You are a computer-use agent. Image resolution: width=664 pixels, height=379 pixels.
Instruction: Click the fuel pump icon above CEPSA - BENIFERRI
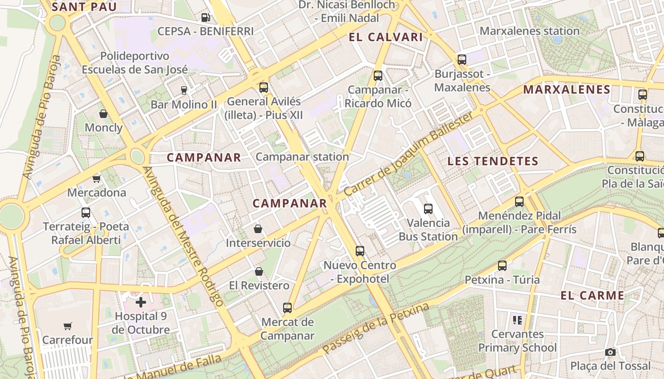[206, 18]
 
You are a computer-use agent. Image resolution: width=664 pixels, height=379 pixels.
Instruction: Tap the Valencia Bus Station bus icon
[428, 208]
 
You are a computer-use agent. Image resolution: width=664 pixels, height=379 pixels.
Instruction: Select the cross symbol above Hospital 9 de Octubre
[141, 302]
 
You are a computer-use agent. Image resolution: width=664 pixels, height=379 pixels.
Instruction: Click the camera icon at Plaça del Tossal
[610, 352]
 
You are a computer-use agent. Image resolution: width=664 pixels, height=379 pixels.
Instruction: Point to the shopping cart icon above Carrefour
[68, 326]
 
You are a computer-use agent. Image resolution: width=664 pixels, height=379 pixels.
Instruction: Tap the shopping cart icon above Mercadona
[97, 179]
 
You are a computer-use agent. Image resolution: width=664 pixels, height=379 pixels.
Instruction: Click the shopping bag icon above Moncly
[103, 114]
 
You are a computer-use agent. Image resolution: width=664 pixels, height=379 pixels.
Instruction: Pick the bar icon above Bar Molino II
[184, 90]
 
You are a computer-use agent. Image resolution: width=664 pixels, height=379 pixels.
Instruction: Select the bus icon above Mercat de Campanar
[287, 308]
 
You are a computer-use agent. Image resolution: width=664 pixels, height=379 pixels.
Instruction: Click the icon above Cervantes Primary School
[517, 320]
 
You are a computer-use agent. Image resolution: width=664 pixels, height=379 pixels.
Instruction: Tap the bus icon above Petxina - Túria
[502, 266]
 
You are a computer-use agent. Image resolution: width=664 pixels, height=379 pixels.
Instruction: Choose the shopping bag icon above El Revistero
[259, 271]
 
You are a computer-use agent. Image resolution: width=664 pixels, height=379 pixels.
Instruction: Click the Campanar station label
[302, 157]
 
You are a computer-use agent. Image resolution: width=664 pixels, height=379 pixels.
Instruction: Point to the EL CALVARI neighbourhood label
[385, 37]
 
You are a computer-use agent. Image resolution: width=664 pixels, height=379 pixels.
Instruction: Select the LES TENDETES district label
[493, 161]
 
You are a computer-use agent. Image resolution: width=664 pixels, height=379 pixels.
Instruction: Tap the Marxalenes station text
[529, 31]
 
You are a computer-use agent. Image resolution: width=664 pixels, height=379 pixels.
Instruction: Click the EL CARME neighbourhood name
[592, 296]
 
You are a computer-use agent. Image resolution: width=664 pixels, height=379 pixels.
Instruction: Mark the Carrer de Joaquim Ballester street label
[408, 155]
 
